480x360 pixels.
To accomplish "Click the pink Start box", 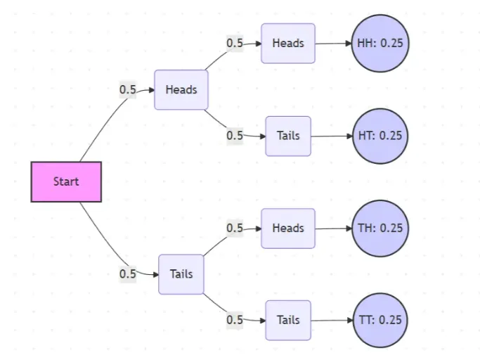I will (66, 181).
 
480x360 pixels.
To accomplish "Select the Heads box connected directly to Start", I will (181, 90).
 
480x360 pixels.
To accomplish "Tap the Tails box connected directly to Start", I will (181, 274).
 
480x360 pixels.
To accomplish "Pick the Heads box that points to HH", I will (288, 43).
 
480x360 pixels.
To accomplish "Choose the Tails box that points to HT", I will (288, 136).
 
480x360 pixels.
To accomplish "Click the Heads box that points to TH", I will (288, 228).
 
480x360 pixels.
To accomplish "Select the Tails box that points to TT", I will (288, 320).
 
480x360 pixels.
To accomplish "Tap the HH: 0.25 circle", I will (380, 44).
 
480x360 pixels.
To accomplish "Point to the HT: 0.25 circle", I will (380, 136).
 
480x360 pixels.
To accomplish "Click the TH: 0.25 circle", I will (380, 228).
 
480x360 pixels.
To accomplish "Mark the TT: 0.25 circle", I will (380, 320).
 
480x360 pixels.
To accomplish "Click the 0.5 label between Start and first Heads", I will (127, 90).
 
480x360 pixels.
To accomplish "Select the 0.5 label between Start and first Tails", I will (127, 274).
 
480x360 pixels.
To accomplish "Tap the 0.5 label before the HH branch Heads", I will (234, 43).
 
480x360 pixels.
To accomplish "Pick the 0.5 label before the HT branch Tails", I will (234, 136).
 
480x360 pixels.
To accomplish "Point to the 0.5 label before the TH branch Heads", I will (234, 228).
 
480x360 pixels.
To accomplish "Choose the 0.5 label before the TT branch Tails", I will (234, 320).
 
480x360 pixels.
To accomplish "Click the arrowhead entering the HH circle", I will (348, 44).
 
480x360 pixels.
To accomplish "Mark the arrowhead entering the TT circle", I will (348, 320).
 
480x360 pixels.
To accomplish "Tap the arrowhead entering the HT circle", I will (348, 136).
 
